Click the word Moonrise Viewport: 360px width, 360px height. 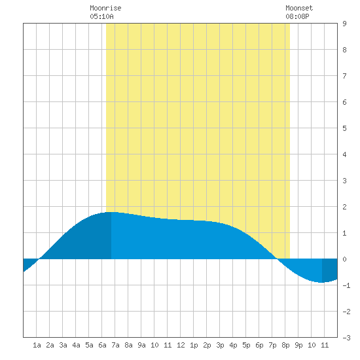point(105,8)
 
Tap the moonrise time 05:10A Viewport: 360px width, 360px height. point(101,16)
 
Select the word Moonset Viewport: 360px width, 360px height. point(299,8)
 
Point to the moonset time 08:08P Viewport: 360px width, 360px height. point(297,16)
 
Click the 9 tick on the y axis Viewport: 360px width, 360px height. point(344,24)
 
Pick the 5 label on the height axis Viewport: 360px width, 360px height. point(344,128)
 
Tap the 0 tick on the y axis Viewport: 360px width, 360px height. point(344,259)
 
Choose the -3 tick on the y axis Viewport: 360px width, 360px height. point(346,338)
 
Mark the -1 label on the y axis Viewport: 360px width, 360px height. point(346,285)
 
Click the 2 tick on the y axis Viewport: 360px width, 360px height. point(344,207)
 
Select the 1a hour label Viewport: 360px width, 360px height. point(37,345)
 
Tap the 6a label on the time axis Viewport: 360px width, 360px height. point(102,345)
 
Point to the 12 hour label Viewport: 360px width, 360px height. point(181,345)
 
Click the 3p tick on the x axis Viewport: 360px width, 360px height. point(220,345)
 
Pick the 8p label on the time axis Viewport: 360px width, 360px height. point(285,345)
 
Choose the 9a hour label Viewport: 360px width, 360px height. point(141,345)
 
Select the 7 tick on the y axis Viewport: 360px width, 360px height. point(344,76)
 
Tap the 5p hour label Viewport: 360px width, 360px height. point(246,345)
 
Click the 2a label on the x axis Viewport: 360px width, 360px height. point(50,345)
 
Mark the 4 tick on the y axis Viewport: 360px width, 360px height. point(344,154)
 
